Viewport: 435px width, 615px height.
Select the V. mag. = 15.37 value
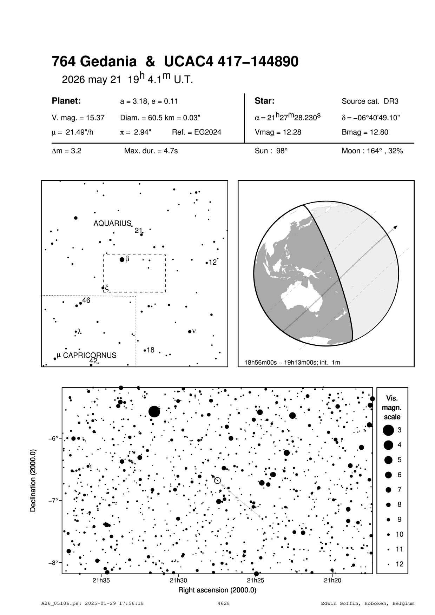tap(78, 118)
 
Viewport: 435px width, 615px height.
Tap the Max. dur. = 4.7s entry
tap(151, 151)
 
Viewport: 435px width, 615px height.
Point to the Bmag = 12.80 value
tap(365, 133)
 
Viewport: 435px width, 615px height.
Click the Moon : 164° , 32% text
tap(372, 151)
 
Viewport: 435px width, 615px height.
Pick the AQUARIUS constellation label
tap(112, 223)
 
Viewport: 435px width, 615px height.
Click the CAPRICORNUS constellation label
tap(90, 355)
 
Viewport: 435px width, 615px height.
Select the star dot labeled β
tap(122, 260)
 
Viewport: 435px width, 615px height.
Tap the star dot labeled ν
tap(190, 331)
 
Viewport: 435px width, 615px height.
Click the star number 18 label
tap(150, 350)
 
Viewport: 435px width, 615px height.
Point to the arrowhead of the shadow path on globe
tap(395, 227)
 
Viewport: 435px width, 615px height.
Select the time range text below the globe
tap(292, 362)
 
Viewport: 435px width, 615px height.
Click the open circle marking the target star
tap(217, 480)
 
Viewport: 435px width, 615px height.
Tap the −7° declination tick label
tap(53, 500)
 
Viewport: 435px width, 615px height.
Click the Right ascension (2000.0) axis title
tap(217, 590)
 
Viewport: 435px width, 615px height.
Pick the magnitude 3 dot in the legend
tap(388, 430)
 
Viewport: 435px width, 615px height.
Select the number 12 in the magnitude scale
tap(400, 564)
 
